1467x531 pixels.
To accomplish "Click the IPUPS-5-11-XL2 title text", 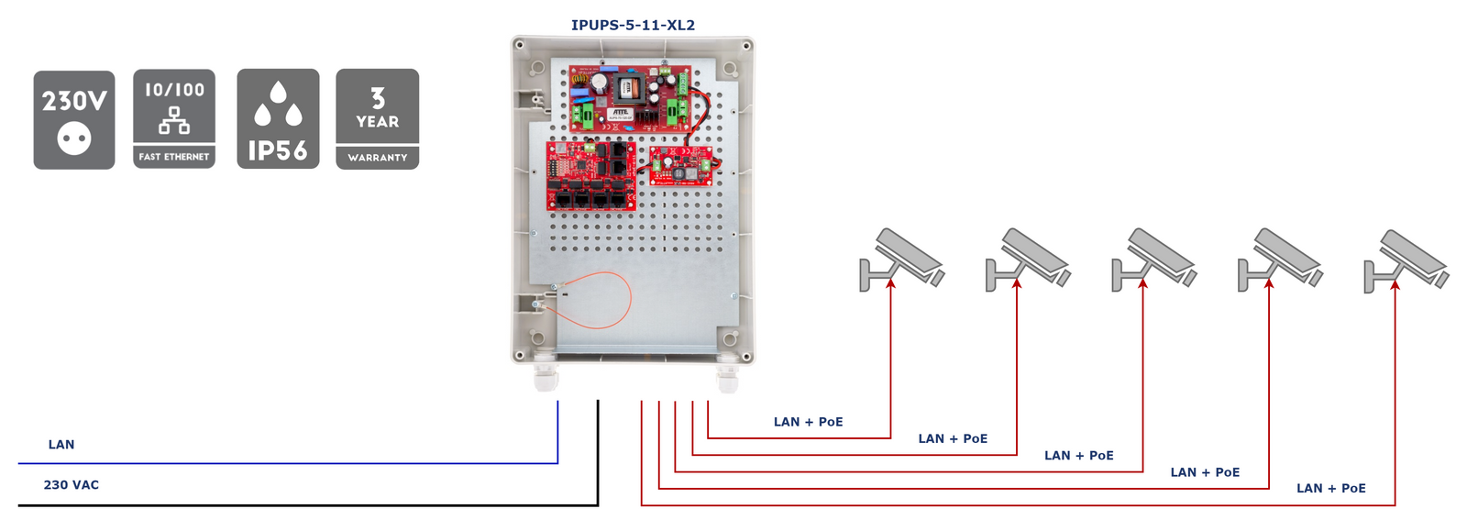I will [x=633, y=25].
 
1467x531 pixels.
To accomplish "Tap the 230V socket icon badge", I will [x=74, y=120].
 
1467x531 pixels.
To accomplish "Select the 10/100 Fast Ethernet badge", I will [x=174, y=119].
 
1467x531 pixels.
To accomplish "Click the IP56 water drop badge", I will [x=278, y=119].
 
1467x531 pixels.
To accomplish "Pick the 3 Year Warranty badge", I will [x=378, y=119].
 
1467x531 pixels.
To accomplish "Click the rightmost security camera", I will [x=1406, y=260].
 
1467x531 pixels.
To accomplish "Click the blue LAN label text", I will [x=61, y=445].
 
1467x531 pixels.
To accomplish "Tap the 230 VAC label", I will [x=72, y=485].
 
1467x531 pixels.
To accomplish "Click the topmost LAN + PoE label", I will [x=808, y=422].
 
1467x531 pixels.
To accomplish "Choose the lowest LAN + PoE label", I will [x=1330, y=488].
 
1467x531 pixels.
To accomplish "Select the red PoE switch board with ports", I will [x=591, y=175].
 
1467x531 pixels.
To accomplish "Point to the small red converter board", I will [x=681, y=167].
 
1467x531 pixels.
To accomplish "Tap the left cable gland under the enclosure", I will [x=546, y=376].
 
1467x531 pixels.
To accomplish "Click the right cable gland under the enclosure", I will [x=728, y=376].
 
